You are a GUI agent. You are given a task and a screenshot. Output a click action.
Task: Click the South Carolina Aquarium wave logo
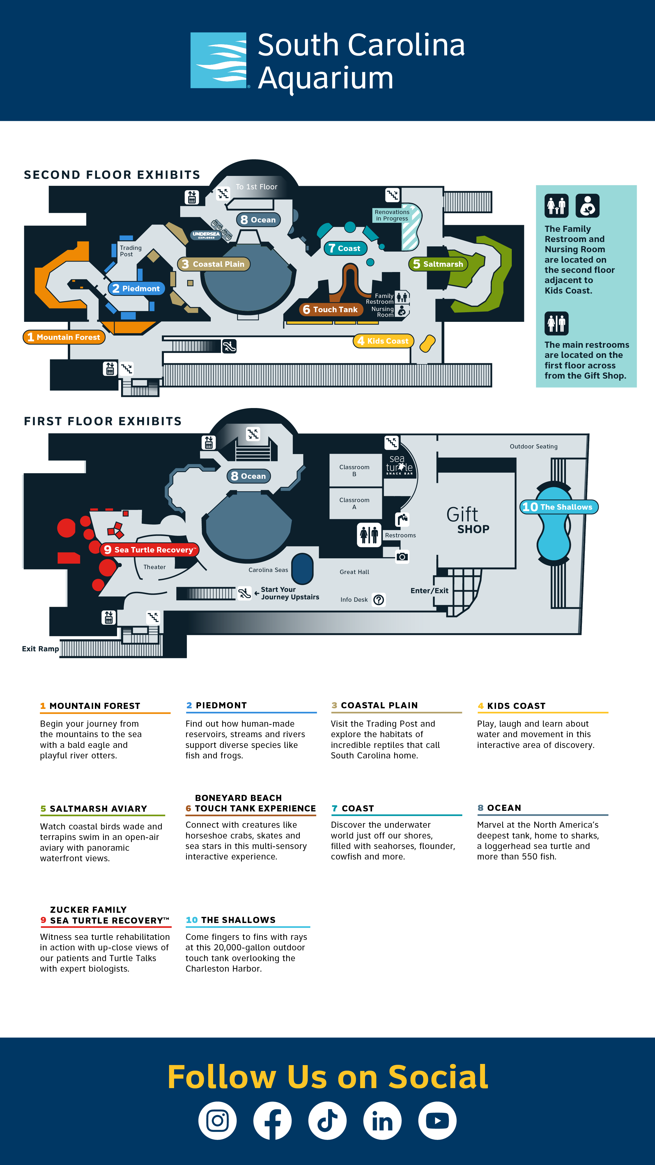tap(218, 60)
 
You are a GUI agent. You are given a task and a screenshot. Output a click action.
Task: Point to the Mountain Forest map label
tap(64, 337)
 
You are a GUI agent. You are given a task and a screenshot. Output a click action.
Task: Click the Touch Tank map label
tap(330, 309)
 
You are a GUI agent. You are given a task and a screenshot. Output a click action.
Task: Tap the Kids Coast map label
tap(383, 340)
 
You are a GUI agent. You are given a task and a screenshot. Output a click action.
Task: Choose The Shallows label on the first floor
tap(559, 507)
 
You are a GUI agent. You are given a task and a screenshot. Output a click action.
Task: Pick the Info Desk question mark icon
tap(379, 600)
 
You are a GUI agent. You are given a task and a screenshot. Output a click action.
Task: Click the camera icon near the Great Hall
tap(402, 556)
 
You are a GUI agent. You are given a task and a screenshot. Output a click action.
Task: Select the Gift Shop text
tap(468, 520)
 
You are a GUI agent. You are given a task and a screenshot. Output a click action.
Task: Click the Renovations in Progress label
tap(392, 215)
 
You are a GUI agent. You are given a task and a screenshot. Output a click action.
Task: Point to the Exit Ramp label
tap(40, 649)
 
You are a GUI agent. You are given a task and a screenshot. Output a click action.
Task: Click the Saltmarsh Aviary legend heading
tap(98, 809)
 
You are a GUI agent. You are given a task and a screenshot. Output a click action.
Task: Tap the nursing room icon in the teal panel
tap(587, 206)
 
